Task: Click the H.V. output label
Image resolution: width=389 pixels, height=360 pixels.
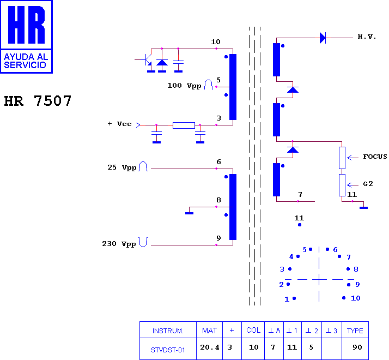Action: coord(367,37)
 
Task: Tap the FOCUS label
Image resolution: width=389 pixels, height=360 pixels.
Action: coord(375,157)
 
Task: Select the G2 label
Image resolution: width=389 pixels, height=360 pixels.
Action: coord(368,184)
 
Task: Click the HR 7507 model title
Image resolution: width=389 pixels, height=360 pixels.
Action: coord(38,100)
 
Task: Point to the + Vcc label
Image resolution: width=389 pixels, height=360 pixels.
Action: coord(119,124)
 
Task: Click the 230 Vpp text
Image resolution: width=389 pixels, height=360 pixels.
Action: coord(119,244)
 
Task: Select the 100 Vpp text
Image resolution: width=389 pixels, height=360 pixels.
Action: coord(184,86)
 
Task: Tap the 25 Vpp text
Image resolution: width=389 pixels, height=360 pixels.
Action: coord(122,167)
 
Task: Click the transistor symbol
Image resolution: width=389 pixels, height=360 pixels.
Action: coord(147,60)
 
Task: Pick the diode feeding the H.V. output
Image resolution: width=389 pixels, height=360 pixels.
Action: coord(323,38)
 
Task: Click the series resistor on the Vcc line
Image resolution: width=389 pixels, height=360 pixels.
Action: coord(184,125)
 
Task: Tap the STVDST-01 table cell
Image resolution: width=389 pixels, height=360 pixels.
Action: coord(168,350)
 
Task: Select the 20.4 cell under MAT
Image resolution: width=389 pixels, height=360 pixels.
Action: coord(210,347)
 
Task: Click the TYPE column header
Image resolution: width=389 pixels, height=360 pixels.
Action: coord(355,331)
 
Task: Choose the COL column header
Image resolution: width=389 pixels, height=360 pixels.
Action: coord(253,330)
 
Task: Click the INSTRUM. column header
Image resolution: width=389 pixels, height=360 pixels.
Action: coord(168,331)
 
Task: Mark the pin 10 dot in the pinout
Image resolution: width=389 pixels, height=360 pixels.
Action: coord(344,298)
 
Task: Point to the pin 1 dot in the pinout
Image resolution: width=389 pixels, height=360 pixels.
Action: coord(294,298)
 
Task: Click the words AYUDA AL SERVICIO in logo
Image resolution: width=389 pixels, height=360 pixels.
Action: coord(26,61)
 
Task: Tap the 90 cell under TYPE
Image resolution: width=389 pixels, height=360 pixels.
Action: coord(357,347)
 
